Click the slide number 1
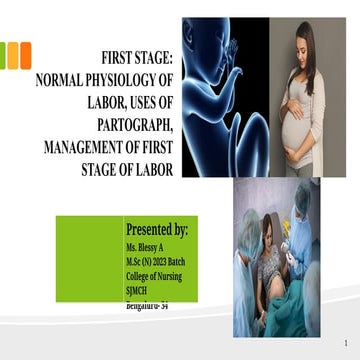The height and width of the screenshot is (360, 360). coord(344,342)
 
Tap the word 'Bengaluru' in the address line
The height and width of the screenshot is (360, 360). coord(140,301)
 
